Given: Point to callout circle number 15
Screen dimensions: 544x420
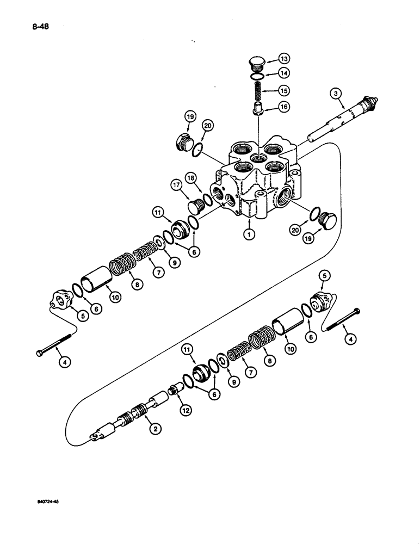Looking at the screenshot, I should point(284,90).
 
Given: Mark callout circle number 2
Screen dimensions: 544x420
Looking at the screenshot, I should point(156,429).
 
